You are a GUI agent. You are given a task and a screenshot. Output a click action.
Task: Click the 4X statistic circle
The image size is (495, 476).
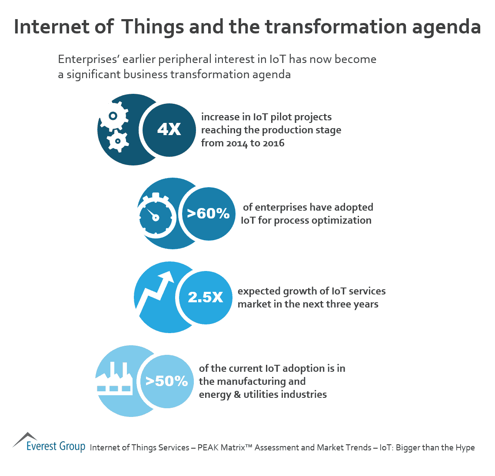tap(169, 129)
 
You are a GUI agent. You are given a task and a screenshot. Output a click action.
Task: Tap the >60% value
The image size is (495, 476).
tap(208, 213)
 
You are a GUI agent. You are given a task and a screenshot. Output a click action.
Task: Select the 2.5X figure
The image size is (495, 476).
tap(206, 297)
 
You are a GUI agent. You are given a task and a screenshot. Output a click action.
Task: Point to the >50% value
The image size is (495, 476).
tap(167, 381)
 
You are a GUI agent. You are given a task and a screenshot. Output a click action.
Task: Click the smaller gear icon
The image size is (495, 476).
tap(117, 140)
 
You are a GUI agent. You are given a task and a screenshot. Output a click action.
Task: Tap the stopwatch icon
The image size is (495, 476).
tap(156, 215)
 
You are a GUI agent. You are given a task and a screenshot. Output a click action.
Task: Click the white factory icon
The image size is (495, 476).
tap(114, 379)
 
